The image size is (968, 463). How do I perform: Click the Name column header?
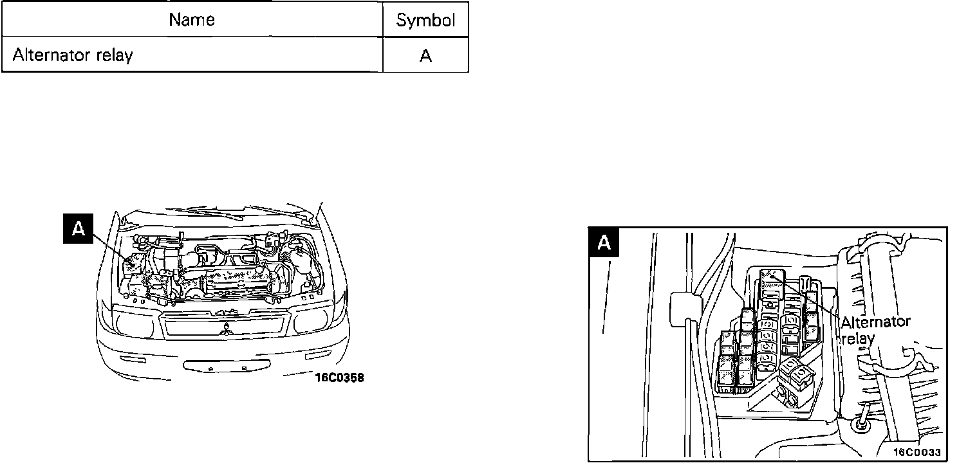(192, 20)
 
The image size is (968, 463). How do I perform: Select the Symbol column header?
(425, 21)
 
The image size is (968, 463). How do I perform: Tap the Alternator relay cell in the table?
(72, 55)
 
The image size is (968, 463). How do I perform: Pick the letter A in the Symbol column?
(425, 56)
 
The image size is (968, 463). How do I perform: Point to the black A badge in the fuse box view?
(604, 242)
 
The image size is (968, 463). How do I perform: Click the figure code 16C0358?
(339, 377)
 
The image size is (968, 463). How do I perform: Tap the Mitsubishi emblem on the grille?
(226, 331)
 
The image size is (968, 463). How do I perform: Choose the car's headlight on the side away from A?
(313, 320)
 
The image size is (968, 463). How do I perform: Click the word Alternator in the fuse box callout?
(875, 322)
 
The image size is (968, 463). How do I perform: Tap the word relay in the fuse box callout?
(858, 338)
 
